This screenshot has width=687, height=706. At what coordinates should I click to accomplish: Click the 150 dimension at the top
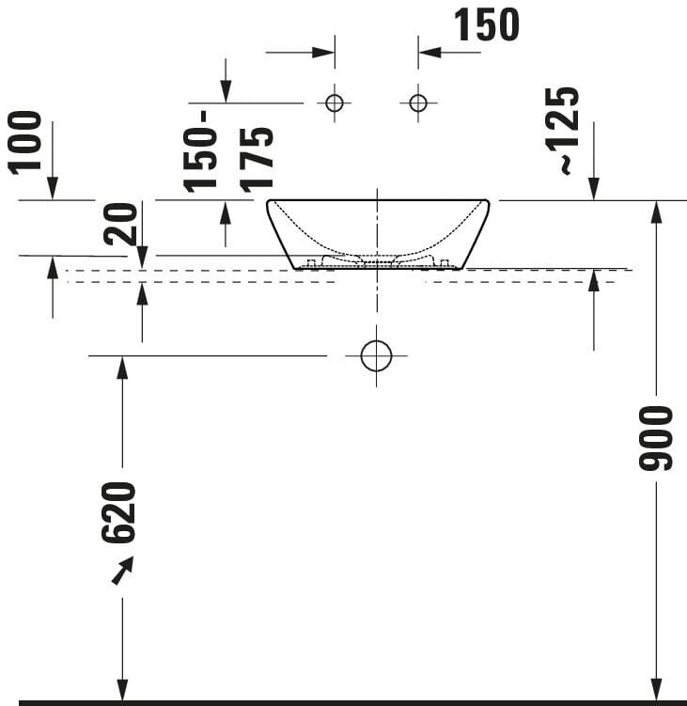(486, 25)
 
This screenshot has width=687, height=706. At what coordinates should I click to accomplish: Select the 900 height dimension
(655, 437)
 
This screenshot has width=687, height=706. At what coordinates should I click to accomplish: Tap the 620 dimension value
(120, 512)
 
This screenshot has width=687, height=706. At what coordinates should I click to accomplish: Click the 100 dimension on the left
(26, 141)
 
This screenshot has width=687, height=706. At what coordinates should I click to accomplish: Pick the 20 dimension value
(120, 225)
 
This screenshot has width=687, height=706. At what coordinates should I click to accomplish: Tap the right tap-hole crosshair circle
(418, 102)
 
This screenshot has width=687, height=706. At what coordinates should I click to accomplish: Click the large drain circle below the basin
(376, 355)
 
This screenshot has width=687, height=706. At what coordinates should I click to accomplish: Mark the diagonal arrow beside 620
(122, 570)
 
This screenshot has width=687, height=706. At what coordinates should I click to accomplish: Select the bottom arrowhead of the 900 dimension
(656, 691)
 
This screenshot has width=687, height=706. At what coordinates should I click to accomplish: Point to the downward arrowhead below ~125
(593, 189)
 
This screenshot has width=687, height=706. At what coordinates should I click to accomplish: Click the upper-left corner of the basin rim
(269, 201)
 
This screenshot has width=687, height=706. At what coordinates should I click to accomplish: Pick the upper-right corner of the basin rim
(487, 201)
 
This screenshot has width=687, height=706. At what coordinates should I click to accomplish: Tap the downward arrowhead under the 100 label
(52, 189)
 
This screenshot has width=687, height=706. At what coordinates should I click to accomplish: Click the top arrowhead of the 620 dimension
(121, 367)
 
